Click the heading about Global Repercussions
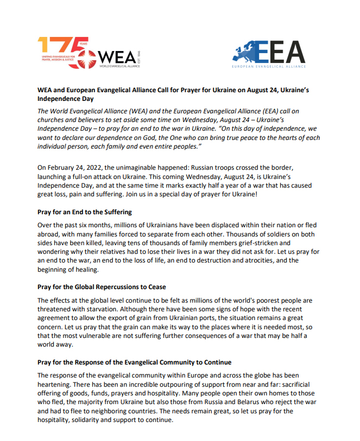point(102,286)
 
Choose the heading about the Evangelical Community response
point(134,361)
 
